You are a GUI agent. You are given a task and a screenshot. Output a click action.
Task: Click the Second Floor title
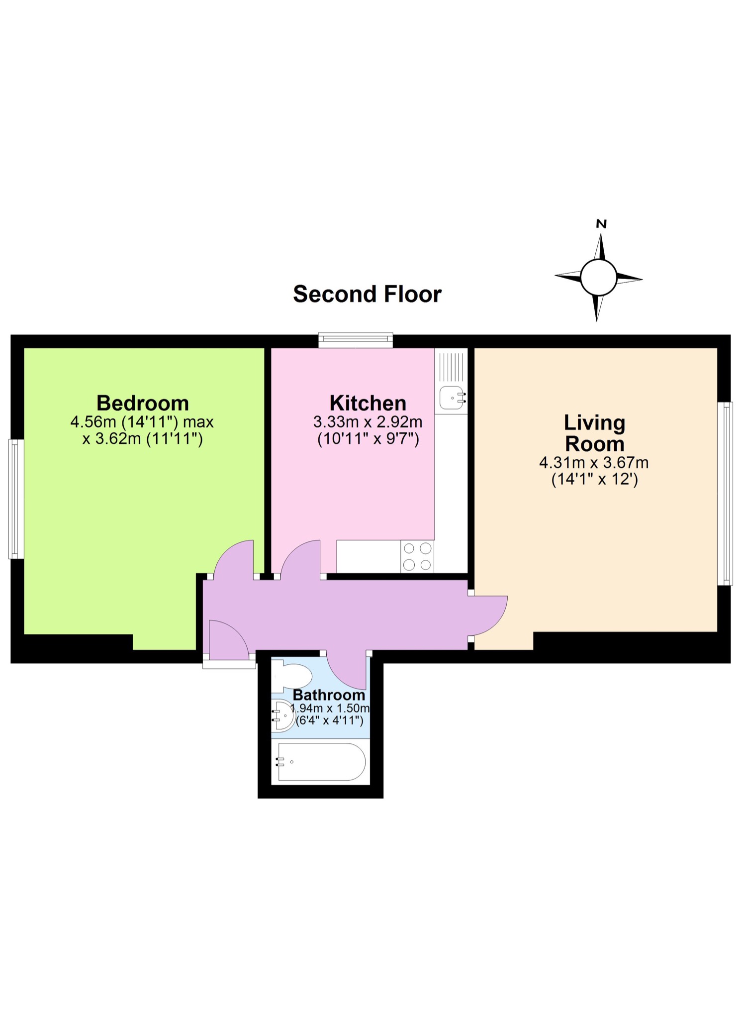point(367,294)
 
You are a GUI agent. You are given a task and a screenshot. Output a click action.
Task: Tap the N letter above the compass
point(601,224)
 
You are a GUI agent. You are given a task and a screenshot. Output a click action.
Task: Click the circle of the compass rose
point(599,277)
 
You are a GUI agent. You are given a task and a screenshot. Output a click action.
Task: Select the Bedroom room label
point(143,403)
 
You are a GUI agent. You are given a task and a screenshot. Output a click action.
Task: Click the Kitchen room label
point(368,403)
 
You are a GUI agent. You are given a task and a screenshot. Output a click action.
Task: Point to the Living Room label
point(594,433)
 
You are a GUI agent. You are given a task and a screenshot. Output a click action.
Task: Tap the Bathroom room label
point(329,695)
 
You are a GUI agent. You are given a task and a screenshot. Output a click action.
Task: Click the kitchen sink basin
point(452,398)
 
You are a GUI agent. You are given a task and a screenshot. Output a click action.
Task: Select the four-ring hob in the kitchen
point(417,556)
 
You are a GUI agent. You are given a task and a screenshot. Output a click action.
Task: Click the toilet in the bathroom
point(293,676)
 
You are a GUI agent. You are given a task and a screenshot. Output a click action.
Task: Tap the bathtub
point(321,762)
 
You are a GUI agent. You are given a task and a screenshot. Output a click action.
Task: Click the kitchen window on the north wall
point(356,340)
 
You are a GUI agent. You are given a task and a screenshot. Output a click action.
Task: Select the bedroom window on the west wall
point(16,499)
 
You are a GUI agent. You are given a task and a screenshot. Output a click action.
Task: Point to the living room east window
point(725,493)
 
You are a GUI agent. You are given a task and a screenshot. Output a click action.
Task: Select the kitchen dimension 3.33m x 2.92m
point(368,422)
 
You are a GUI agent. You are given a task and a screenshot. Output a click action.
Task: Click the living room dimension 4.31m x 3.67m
point(594,463)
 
